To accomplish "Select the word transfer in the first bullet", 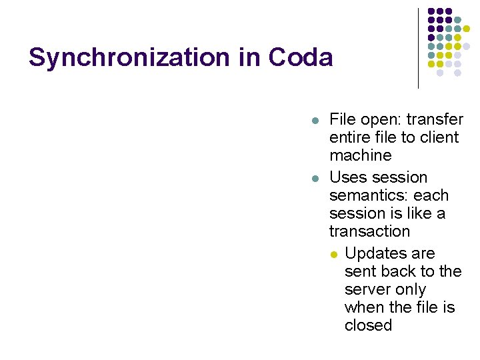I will coord(435,119).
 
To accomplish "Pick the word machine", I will coord(360,155).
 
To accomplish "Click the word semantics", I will coord(369,195).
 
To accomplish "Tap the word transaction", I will coord(369,231).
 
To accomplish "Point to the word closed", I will coord(368,325).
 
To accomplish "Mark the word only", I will coord(410,289).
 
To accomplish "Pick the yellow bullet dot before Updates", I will coord(334,255).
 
